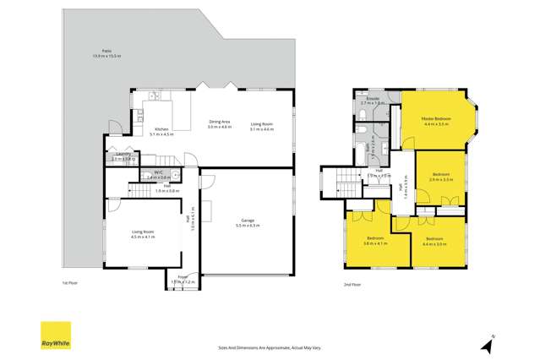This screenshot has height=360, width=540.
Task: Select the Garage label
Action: click(243, 222)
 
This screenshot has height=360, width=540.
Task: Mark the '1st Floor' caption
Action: click(71, 285)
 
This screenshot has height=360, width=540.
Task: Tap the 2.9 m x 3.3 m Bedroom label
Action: click(441, 177)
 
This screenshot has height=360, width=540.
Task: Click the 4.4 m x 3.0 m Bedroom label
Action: click(435, 242)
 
